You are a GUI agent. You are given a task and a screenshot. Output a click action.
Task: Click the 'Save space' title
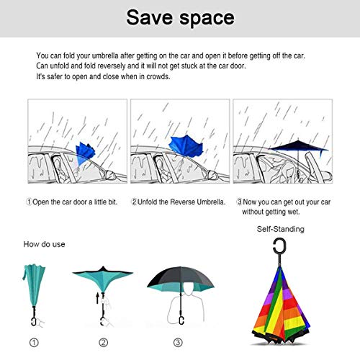(180, 17)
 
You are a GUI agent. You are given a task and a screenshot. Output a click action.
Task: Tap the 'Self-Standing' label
(281, 229)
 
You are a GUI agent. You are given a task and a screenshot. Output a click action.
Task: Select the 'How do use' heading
(44, 244)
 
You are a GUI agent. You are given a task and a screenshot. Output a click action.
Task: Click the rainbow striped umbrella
(281, 305)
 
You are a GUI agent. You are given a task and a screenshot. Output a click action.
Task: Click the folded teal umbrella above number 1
(34, 286)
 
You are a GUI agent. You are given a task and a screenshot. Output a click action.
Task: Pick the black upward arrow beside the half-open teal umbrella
(97, 298)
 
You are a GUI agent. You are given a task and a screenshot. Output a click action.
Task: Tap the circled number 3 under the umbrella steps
(178, 342)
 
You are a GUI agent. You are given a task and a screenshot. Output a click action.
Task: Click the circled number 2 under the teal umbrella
(104, 342)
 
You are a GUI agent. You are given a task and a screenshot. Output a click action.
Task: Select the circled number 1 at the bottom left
(34, 342)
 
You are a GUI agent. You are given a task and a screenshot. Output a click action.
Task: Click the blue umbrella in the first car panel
(84, 153)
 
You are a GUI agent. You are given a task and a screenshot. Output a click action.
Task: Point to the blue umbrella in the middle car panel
(186, 146)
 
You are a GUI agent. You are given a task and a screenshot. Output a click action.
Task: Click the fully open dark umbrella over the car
(299, 147)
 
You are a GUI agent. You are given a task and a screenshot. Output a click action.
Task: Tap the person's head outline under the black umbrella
(189, 289)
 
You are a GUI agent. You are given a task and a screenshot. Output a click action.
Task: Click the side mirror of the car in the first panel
(109, 175)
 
